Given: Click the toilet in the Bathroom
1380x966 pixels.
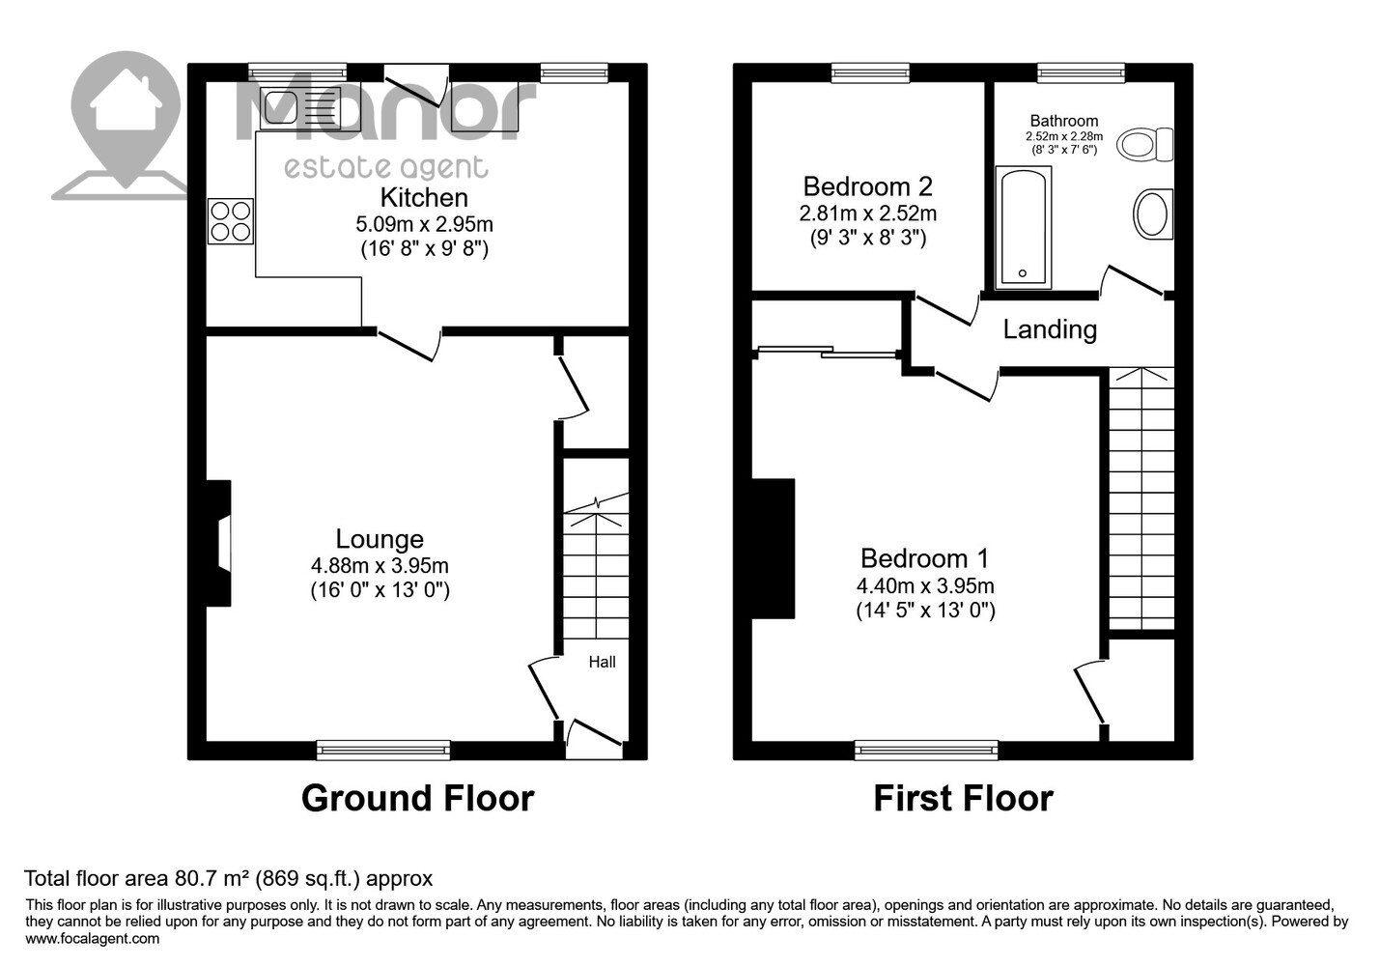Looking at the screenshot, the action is coord(1144,145).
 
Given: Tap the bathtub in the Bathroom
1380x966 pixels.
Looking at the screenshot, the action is coord(1023,227).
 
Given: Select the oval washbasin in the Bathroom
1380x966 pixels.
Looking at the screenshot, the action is coord(1152,213).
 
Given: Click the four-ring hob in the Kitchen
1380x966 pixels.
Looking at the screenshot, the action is coord(231,221).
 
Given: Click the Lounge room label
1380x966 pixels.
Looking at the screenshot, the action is coord(380,538).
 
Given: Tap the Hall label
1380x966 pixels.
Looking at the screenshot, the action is coord(602,663).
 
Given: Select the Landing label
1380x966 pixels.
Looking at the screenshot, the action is coord(1050,329).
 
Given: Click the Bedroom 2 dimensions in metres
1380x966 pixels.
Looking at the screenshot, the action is coord(867,213).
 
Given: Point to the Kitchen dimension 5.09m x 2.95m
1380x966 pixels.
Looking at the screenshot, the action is coord(425,224).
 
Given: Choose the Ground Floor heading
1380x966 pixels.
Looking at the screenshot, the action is coord(418,799).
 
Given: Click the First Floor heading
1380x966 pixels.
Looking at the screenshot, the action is coord(964,799).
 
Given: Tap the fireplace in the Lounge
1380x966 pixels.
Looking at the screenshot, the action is coord(218,543).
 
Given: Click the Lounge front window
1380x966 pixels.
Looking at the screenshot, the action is coord(383,750).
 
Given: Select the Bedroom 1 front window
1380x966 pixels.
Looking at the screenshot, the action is coord(926,750).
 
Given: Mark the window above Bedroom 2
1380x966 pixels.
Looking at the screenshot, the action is coord(870,72).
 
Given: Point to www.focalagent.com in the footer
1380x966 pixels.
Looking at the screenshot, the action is coord(93,939).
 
